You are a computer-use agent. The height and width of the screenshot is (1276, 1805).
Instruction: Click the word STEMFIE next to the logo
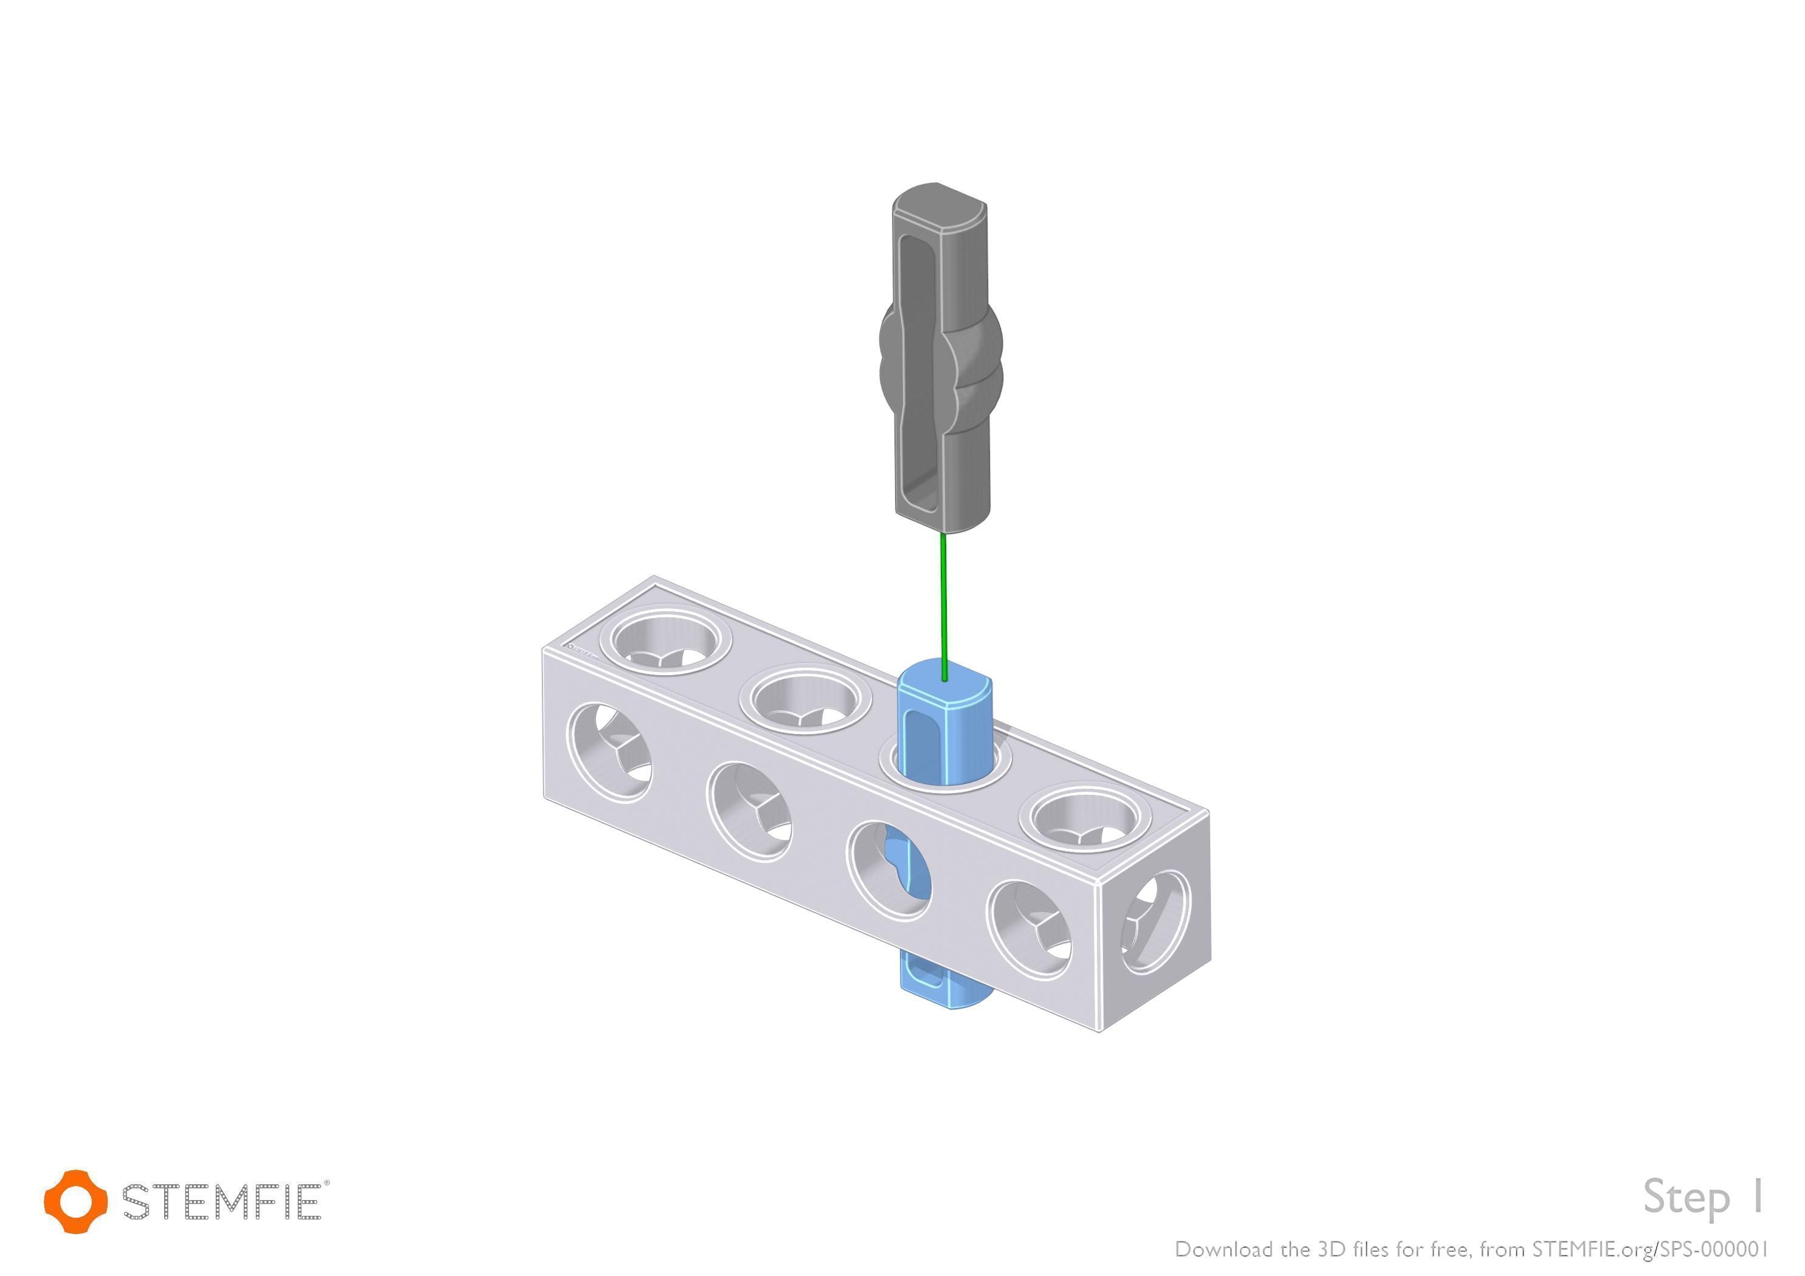coord(222,1201)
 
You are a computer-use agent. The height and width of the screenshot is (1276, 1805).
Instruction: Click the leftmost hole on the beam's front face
coord(610,752)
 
